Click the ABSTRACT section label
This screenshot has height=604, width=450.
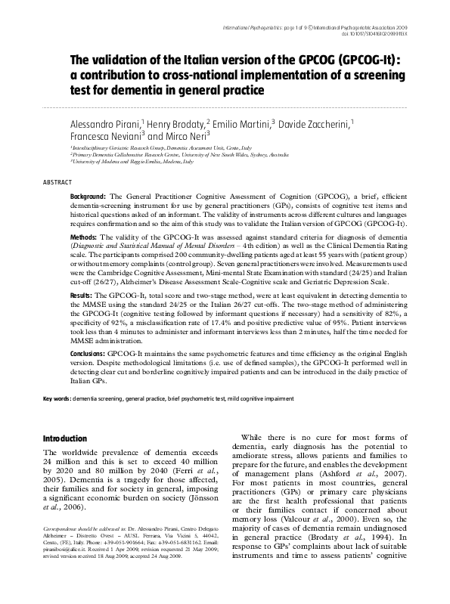tap(57, 182)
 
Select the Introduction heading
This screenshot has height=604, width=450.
tap(66, 438)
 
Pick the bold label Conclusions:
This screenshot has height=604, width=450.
tap(93, 353)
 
